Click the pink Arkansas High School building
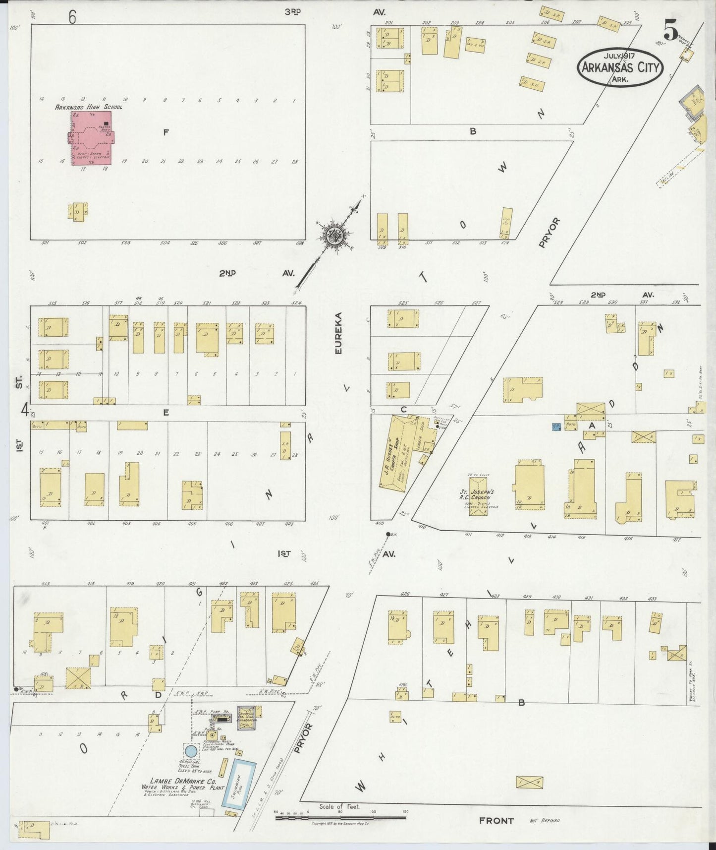[x=91, y=137]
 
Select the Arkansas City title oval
[x=619, y=67]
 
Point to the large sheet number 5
[x=670, y=32]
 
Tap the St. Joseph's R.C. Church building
[x=479, y=495]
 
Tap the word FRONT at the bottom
[x=496, y=821]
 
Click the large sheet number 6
[x=72, y=17]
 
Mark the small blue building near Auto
[x=556, y=426]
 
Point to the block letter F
[x=166, y=132]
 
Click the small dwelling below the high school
[x=77, y=211]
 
